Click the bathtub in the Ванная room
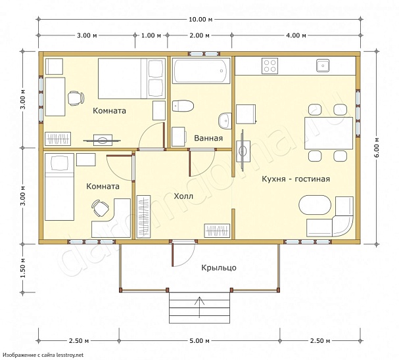tap(201, 71)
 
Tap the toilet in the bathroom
tap(183, 106)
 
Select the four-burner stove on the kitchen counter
tap(270, 66)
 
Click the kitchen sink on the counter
tap(323, 66)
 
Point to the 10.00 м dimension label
tap(200, 19)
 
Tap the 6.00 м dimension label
tap(377, 147)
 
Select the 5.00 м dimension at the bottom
tap(200, 341)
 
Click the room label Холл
tap(183, 196)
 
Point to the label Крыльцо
tap(219, 268)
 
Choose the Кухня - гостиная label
tap(296, 179)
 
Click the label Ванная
tap(208, 139)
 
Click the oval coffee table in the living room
tap(315, 205)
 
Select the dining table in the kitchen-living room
tap(329, 133)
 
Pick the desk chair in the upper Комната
tap(76, 98)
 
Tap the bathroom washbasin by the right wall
tap(225, 121)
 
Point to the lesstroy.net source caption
tap(43, 355)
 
